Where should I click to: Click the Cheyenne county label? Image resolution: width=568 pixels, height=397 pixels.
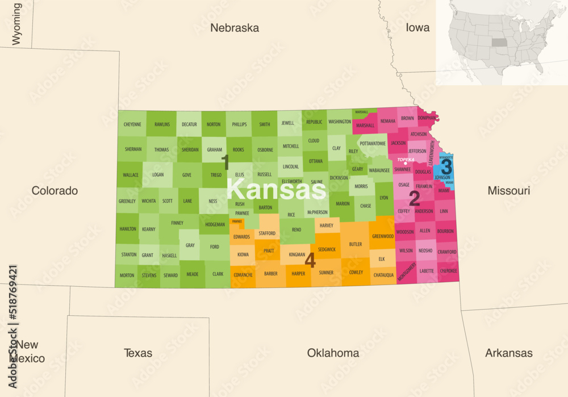click(132, 124)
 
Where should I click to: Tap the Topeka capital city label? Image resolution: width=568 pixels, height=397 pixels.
click(406, 160)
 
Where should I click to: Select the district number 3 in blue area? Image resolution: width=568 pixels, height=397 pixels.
click(446, 167)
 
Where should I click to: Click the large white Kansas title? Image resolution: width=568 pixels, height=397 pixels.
click(277, 189)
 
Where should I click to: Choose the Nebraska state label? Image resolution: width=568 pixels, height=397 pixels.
click(234, 28)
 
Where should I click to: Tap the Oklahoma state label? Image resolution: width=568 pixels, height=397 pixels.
click(333, 353)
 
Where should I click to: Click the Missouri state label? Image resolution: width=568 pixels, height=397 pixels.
click(508, 191)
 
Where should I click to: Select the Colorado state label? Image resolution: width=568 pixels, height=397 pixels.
click(55, 191)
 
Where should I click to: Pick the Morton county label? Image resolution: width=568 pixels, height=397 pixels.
click(127, 275)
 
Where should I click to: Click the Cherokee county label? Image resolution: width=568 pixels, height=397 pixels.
click(448, 271)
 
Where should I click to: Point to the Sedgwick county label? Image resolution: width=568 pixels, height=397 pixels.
click(327, 249)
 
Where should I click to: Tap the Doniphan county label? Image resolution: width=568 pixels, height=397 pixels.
click(427, 118)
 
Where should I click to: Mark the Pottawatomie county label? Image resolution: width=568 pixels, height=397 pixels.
click(373, 144)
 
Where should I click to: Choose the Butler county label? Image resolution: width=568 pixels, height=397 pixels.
click(356, 244)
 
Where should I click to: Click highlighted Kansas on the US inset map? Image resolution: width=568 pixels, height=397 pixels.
click(498, 43)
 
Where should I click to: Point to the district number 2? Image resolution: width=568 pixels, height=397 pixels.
click(415, 198)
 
